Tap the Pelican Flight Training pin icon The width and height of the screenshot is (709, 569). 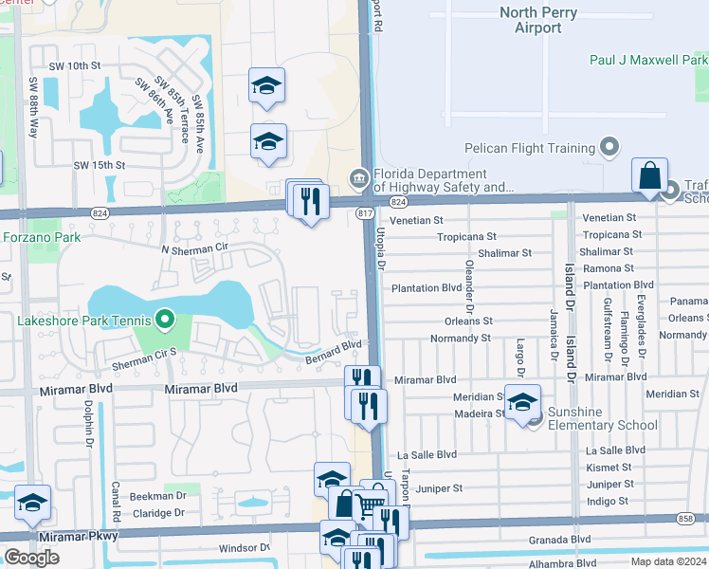point(609,148)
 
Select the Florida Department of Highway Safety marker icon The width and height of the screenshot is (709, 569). point(358,177)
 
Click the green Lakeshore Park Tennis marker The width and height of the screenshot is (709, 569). point(167,320)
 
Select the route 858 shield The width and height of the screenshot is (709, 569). point(685,519)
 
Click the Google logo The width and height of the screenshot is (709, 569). point(31,558)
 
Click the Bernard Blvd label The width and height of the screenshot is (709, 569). point(334,352)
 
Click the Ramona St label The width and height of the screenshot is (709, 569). point(609,268)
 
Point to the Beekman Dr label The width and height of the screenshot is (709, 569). point(157,496)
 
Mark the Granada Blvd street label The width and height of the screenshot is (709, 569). point(568,539)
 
